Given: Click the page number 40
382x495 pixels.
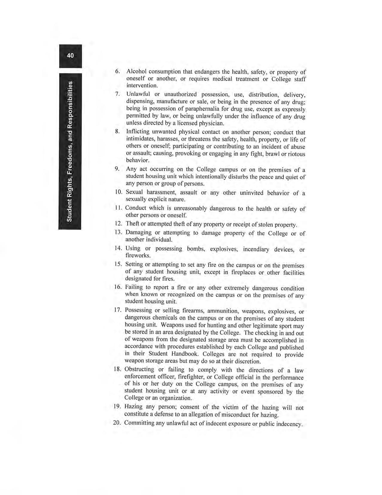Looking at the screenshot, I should click(70, 55).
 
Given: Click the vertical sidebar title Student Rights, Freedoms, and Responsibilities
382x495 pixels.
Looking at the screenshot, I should click(70, 151).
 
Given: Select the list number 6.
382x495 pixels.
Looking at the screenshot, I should click(117, 71).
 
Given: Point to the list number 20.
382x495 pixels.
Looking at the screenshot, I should click(117, 423).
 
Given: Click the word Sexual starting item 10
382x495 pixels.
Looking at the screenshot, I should click(134, 192).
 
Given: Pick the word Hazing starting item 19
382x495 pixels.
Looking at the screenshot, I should click(133, 407).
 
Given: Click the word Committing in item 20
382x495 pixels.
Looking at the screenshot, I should click(139, 423).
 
